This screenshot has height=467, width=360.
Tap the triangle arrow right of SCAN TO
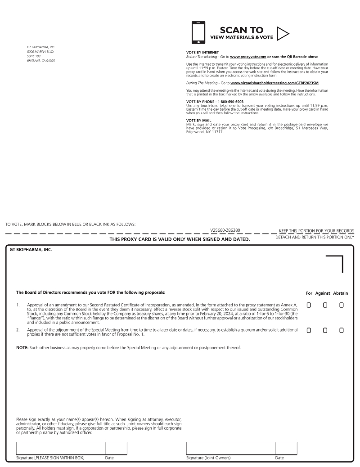(x=283, y=33)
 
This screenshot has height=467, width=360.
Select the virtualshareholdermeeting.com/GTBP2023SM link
(x=274, y=83)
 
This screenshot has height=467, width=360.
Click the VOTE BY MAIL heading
(x=198, y=120)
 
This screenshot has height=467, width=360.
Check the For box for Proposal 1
(x=309, y=305)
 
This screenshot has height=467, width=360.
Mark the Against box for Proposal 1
(x=325, y=305)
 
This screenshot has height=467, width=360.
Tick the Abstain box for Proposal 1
(x=342, y=305)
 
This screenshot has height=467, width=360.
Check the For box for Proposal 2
(x=309, y=330)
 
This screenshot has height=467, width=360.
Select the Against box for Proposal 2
(x=325, y=330)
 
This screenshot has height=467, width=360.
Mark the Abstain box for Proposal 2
(x=342, y=330)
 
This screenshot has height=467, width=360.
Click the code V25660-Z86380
(x=225, y=230)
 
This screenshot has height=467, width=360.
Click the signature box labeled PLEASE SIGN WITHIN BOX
(x=61, y=448)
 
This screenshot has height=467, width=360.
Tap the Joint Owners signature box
(x=231, y=448)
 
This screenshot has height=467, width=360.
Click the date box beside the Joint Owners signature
(x=286, y=448)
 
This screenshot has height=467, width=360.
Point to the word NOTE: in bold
(x=22, y=348)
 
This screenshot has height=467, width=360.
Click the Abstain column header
(x=341, y=293)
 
